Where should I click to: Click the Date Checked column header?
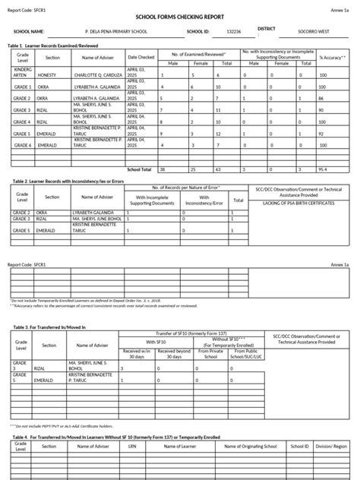[141, 57]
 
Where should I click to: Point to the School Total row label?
[140, 169]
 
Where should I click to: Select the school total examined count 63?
[219, 169]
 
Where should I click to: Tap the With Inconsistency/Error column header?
[201, 199]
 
